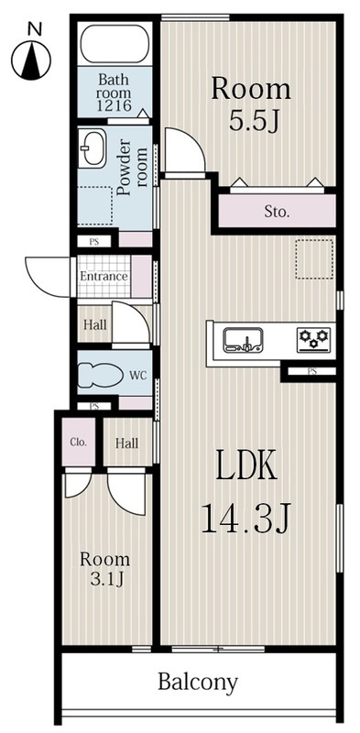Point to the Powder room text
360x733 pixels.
[134, 163]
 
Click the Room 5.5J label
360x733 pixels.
[251, 104]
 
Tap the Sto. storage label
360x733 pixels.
[277, 212]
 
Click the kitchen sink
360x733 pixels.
[244, 341]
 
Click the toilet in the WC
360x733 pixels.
[99, 375]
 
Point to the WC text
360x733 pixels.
[138, 375]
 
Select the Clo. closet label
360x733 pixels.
[79, 442]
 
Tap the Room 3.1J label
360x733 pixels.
[104, 568]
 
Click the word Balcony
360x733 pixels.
[198, 682]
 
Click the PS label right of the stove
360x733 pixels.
[311, 371]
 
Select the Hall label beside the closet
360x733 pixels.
[127, 443]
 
